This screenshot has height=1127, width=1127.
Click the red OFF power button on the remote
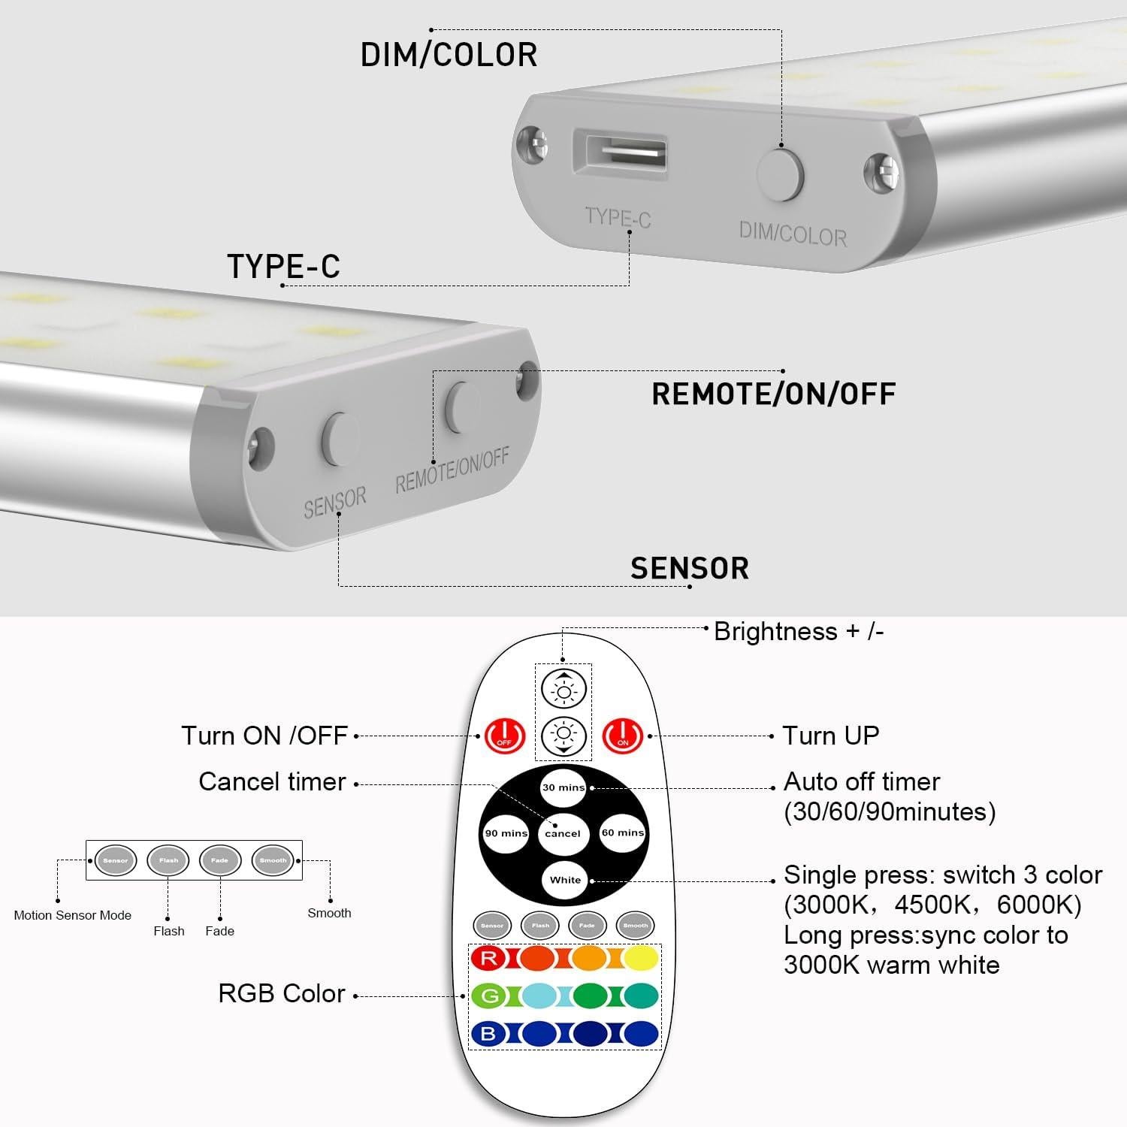504,736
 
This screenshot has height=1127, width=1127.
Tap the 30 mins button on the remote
563,787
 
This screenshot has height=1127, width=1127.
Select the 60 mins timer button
623,832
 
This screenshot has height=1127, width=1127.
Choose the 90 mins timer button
506,833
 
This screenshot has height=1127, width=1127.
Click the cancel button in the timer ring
563,833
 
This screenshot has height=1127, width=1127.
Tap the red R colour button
489,958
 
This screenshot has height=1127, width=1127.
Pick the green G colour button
489,996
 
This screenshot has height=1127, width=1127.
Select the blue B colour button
489,1034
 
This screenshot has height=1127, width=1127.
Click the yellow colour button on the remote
640,958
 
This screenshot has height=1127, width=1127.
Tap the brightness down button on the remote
564,736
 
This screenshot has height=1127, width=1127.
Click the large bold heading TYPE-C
283,266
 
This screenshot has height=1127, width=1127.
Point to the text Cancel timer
272,782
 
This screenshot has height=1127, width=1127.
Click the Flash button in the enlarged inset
168,860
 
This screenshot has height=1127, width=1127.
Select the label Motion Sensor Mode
73,915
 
